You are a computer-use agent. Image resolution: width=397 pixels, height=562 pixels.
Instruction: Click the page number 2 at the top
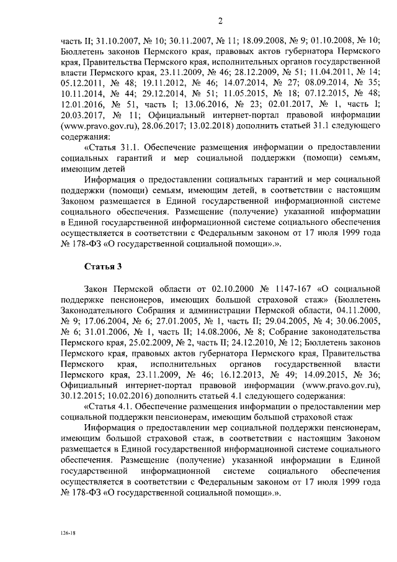(x=220, y=22)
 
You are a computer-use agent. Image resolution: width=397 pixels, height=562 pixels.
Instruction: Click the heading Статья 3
(x=102, y=266)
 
